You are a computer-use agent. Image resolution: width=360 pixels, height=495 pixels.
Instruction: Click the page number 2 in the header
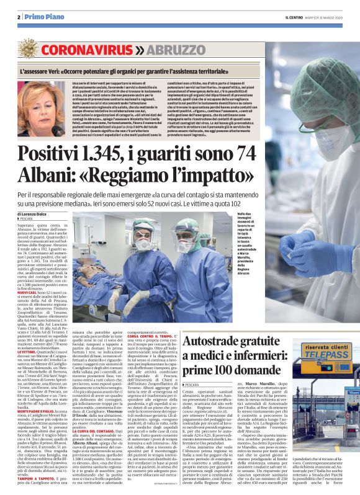click(x=19, y=17)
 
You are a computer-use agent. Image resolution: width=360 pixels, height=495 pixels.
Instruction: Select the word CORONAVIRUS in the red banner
click(x=88, y=48)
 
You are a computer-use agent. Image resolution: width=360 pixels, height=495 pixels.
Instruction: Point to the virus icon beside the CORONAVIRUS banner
click(x=29, y=48)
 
